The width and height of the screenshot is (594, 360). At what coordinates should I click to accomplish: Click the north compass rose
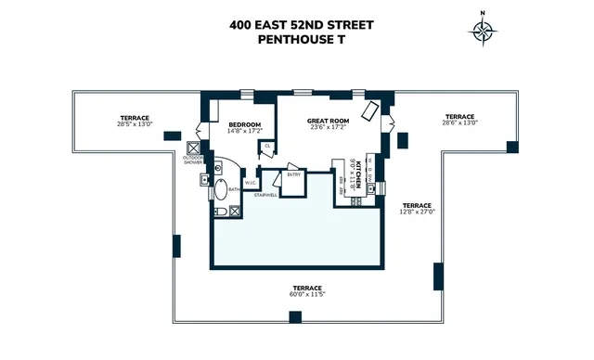[x=483, y=30]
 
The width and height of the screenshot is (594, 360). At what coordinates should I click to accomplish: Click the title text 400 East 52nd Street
[x=302, y=25]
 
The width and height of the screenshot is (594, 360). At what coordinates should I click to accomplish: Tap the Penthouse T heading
[x=302, y=41]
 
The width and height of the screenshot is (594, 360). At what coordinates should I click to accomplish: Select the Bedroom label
[x=245, y=124]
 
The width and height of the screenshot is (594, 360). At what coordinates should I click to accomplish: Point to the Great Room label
[x=327, y=121]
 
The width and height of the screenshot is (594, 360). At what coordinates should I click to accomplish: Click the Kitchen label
[x=357, y=174]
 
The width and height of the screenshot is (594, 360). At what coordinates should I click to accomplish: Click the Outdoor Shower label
[x=194, y=160]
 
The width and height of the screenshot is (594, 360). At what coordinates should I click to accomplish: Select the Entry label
[x=294, y=174]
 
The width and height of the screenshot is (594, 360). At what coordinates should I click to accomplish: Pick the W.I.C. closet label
[x=250, y=182]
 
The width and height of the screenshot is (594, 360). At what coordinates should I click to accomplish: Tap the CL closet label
[x=267, y=146]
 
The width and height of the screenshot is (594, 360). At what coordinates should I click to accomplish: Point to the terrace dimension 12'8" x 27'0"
[x=417, y=211]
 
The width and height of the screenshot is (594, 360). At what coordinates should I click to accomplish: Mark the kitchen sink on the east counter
[x=370, y=188]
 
